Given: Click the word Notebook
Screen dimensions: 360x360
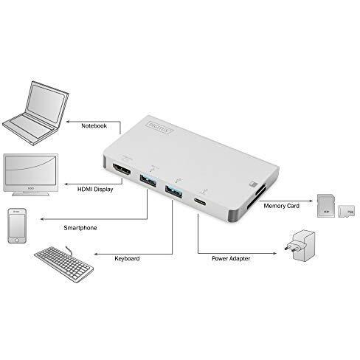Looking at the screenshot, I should click(94, 125).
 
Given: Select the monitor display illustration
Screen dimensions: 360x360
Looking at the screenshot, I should click(32, 173).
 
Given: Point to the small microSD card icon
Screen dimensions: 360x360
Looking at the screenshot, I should click(342, 211).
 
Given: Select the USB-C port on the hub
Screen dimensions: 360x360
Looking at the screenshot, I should click(201, 203).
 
